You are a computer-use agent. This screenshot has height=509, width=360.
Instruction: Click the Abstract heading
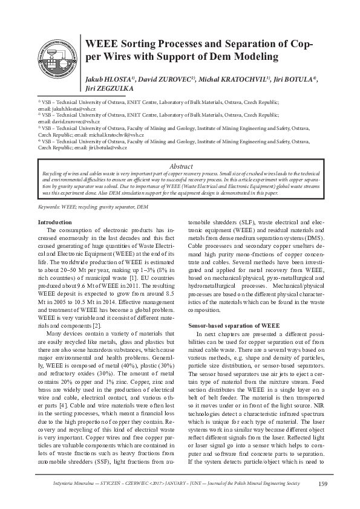pyautogui.click(x=180, y=166)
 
